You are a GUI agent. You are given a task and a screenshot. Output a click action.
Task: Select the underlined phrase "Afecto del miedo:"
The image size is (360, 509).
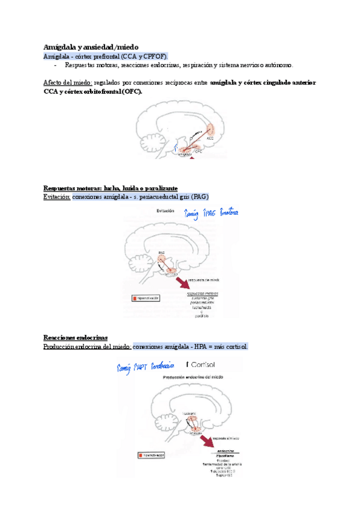(68, 82)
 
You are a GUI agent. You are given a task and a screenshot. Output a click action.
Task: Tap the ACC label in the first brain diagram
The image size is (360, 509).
(210, 138)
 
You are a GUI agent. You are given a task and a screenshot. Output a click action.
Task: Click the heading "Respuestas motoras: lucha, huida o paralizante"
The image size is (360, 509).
(110, 188)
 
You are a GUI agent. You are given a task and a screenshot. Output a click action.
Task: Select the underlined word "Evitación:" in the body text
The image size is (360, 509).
(57, 197)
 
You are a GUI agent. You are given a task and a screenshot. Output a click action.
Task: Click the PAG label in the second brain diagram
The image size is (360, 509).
(161, 253)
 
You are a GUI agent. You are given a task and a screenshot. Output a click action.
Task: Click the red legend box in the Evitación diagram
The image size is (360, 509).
(135, 297)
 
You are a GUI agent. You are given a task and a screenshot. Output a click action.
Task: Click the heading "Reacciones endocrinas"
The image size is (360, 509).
(76, 339)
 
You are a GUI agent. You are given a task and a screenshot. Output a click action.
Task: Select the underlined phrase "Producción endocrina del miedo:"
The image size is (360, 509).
(88, 347)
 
